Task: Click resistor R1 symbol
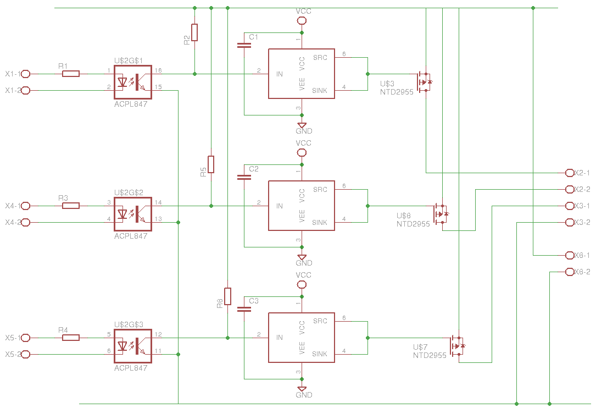71,74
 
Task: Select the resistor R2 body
194,33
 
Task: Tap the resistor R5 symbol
211,164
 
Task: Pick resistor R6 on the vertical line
227,296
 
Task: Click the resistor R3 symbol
71,206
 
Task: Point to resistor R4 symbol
71,338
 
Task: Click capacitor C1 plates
244,45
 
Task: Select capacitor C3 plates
244,309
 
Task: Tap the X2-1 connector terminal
569,173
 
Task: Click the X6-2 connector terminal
569,272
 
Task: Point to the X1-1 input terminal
25,74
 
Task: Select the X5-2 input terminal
25,355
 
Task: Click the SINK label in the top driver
320,90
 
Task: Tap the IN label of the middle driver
280,206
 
